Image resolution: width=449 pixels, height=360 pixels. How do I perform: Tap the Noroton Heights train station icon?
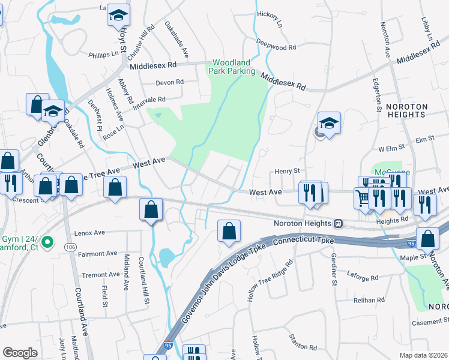(x=339, y=223)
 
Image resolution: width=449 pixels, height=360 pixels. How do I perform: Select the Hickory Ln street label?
(x=269, y=19)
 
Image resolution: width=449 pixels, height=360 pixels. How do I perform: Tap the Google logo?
(x=20, y=353)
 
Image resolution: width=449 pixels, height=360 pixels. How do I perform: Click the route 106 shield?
(x=71, y=247)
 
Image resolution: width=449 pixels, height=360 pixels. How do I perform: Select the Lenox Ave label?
(x=89, y=232)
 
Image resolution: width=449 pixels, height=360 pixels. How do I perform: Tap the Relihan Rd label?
(x=369, y=299)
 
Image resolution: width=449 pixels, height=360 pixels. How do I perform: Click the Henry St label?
(x=287, y=171)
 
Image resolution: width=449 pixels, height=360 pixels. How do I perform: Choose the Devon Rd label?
(x=169, y=82)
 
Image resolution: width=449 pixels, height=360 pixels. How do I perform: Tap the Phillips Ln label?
(x=103, y=53)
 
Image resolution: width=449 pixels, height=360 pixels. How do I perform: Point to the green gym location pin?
(x=51, y=244)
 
